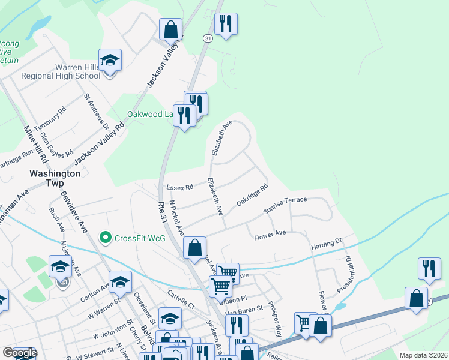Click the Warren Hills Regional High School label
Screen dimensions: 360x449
[x=61, y=71]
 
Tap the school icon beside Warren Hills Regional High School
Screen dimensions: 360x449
[x=110, y=61]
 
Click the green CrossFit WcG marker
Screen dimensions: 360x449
[x=106, y=238]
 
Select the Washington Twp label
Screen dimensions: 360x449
[x=55, y=173]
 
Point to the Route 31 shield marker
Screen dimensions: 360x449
[x=208, y=38]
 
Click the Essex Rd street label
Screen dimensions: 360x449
[x=180, y=187]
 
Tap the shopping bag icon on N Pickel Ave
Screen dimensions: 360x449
[x=195, y=248]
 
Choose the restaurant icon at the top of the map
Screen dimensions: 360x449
[x=226, y=25]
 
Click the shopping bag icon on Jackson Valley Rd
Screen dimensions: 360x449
[x=170, y=29]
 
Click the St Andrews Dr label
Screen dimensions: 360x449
[x=96, y=110]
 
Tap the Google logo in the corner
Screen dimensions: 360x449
[x=20, y=353]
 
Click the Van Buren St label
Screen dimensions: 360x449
[x=243, y=309]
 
